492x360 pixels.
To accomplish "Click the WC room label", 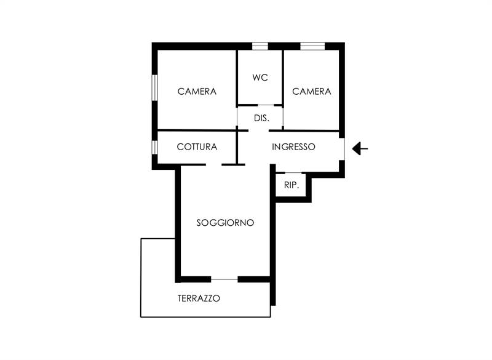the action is coord(260,78).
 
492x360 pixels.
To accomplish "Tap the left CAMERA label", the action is coord(197,92).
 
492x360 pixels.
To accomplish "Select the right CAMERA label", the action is coord(312,92).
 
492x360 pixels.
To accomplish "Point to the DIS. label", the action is coord(262,118).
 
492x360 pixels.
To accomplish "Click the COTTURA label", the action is coord(197,147).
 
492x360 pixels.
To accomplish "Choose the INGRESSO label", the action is coord(293,147).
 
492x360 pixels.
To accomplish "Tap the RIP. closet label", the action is coord(292,185).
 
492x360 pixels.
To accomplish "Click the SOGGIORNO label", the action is coord(225,223).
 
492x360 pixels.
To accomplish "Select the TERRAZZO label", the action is coord(199,298).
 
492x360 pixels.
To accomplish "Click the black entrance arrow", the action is coord(360,148).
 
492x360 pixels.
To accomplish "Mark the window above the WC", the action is coord(260,46).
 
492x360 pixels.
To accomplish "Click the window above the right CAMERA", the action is coord(312,46).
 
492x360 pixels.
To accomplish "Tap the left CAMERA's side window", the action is coord(155,87).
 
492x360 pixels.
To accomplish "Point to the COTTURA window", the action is coord(155,147).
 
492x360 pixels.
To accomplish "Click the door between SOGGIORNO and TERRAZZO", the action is coord(224,279).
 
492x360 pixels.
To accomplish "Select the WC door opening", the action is coord(266,105).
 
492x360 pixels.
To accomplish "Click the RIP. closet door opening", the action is coord(293,173).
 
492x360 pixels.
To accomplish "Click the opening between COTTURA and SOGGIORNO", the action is coord(213,164).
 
